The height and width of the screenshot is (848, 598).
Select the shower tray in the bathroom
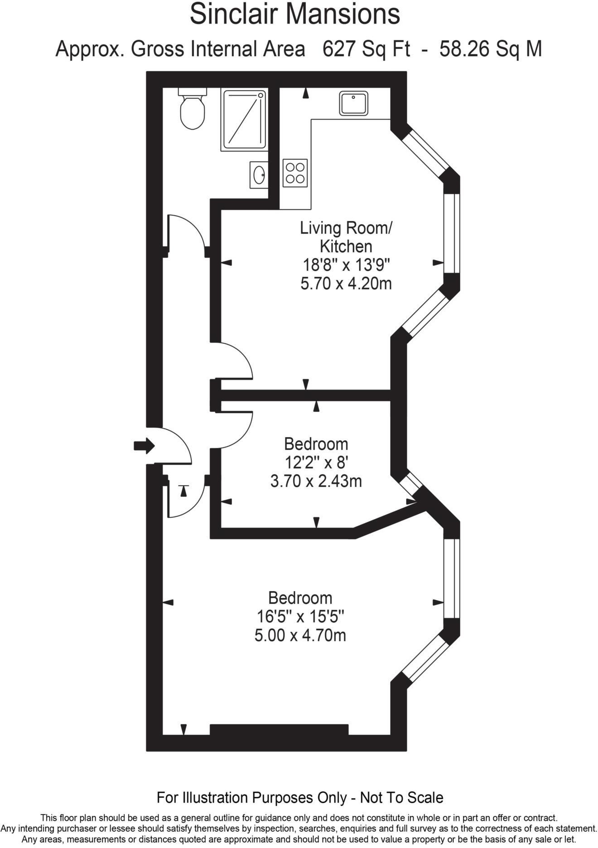(x=244, y=120)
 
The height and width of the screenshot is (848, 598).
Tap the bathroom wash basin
(x=259, y=175)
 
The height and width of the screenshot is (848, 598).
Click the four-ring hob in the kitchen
(x=295, y=173)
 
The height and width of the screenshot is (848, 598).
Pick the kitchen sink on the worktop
(x=353, y=103)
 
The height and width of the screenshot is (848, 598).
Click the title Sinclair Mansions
(x=294, y=14)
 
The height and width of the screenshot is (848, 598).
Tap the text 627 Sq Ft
(x=366, y=49)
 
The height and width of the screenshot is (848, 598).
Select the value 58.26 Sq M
(x=491, y=49)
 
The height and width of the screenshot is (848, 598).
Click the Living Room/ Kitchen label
(x=346, y=237)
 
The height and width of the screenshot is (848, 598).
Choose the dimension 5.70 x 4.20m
(x=346, y=284)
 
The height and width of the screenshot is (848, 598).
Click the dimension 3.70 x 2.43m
(x=316, y=481)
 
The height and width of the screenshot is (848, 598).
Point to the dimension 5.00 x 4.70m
(x=300, y=635)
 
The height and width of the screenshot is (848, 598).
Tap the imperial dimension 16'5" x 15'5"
(x=300, y=617)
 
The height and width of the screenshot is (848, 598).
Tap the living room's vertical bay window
(x=452, y=233)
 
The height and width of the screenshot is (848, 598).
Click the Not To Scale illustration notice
(x=300, y=797)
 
